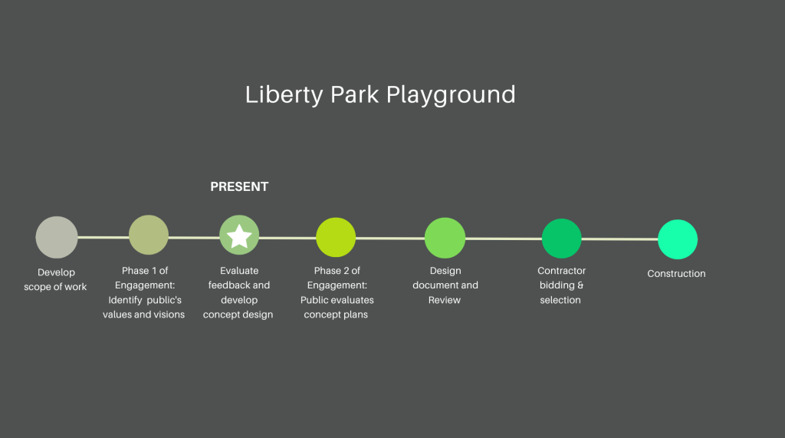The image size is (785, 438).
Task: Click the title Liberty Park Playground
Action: coord(380,94)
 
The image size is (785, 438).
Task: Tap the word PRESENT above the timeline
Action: coord(239,187)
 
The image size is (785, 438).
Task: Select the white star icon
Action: coord(239,236)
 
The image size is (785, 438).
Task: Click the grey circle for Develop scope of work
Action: coord(57,238)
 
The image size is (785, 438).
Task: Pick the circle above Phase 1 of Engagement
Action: coord(149,235)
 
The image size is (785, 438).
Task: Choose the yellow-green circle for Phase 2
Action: coord(336,238)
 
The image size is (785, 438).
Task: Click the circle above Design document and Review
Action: coord(445,238)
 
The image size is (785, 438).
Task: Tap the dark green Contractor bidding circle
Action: coord(562,239)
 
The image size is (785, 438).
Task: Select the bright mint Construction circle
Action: coord(678,239)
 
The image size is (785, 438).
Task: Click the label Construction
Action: coord(676,274)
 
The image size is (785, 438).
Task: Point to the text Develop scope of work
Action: coord(55,280)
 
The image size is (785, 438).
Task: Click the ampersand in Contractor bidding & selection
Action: coord(580,285)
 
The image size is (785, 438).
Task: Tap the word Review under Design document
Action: coord(445,300)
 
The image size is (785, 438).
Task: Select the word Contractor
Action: coord(562,271)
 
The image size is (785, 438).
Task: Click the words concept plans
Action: coord(336,315)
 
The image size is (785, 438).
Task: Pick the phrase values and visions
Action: coord(143,315)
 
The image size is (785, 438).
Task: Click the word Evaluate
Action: coord(239,271)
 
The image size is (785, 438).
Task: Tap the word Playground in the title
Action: coord(451,95)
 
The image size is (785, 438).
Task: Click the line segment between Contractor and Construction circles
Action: coord(619,239)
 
